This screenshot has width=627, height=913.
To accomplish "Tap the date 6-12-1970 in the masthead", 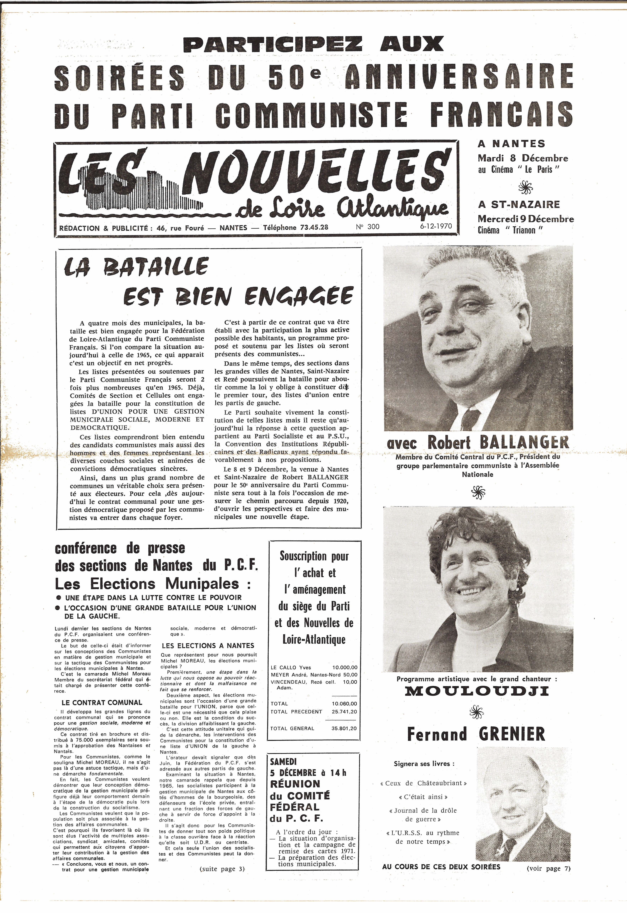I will pos(435,227).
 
